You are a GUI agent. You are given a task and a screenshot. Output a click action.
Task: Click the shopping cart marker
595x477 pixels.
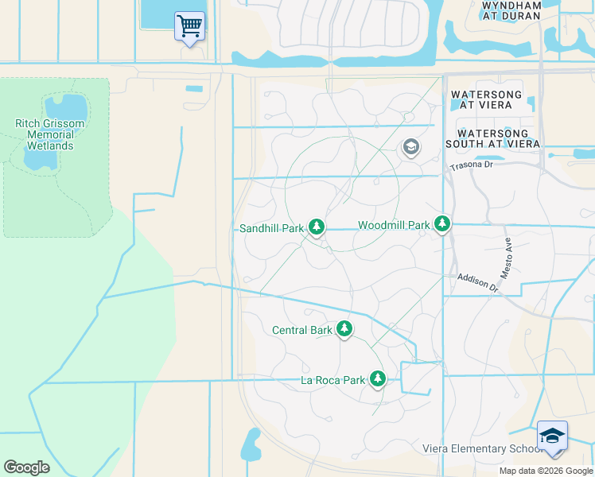[x=189, y=27]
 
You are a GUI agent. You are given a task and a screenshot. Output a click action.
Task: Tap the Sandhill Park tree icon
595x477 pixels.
[x=317, y=228]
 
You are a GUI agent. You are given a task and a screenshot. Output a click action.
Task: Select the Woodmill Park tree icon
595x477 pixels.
[x=442, y=225]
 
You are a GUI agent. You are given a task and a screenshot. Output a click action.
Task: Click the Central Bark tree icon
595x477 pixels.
[x=344, y=328]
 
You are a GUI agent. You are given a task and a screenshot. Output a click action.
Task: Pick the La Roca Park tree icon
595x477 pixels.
[x=377, y=379]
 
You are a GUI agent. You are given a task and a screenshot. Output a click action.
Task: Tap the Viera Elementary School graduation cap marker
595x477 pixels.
[x=552, y=436]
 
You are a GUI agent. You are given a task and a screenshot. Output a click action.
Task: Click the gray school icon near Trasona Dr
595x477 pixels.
[x=410, y=147]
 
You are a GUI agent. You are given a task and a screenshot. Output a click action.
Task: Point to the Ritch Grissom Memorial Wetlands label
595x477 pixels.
[x=50, y=134]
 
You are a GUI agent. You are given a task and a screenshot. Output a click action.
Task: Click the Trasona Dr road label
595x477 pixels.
[x=472, y=165]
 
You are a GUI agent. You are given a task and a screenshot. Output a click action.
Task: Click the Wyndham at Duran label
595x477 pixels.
[x=511, y=10]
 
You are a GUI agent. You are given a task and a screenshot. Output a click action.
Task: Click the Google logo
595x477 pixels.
[x=26, y=467]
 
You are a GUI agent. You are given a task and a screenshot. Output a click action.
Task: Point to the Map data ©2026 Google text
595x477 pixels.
[x=545, y=471]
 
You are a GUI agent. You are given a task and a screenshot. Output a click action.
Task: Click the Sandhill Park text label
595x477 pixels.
[x=272, y=228]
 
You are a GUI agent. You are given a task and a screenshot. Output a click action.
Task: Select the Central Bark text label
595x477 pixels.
[x=301, y=330]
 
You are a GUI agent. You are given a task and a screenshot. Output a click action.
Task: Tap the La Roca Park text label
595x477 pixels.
[x=332, y=380]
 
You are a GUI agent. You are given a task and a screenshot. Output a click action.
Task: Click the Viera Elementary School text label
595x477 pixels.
[x=482, y=449]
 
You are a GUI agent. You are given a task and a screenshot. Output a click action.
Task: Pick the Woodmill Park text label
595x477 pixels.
[x=394, y=226]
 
